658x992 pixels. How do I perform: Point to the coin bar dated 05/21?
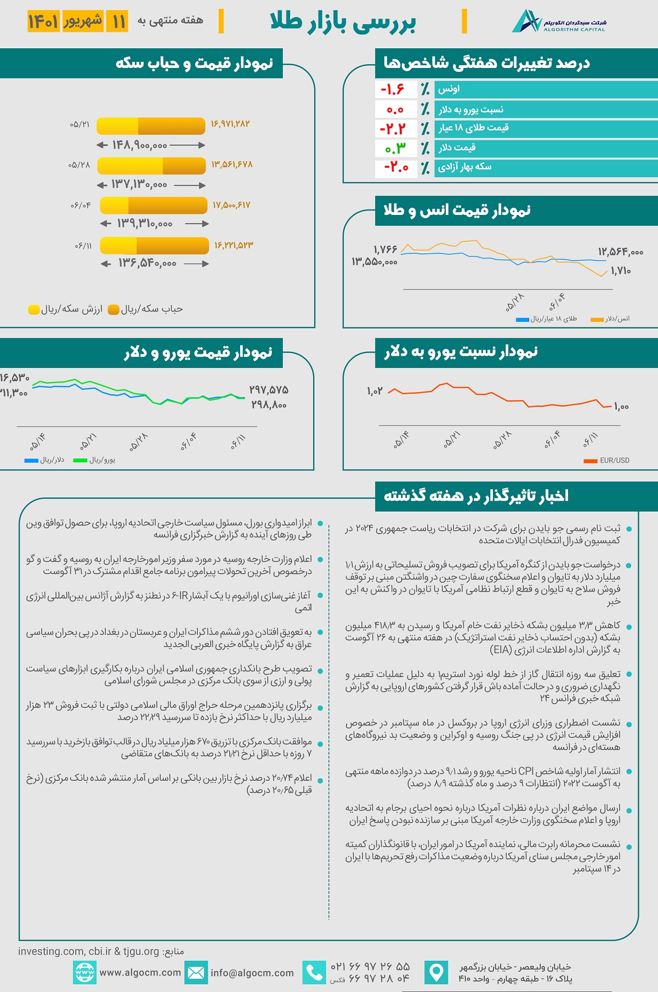(x=151, y=126)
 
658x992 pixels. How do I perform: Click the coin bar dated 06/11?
(x=154, y=245)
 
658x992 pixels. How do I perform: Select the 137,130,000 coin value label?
(x=139, y=185)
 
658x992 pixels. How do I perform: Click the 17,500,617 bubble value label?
(x=231, y=205)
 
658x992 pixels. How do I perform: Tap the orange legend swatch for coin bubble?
(x=114, y=310)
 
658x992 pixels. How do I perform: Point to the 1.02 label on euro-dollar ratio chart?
(x=375, y=391)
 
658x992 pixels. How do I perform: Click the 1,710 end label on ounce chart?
(x=621, y=271)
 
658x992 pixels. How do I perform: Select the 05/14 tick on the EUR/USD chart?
(x=401, y=440)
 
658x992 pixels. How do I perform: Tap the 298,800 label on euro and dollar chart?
(x=269, y=405)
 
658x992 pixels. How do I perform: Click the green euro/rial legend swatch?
(x=80, y=461)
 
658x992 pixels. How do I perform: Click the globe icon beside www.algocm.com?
(x=84, y=973)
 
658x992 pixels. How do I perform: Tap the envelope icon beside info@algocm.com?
(x=196, y=973)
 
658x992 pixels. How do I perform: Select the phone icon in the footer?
(x=314, y=973)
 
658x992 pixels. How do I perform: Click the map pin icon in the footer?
(x=436, y=973)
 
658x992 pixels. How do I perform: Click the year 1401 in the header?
(x=43, y=22)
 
